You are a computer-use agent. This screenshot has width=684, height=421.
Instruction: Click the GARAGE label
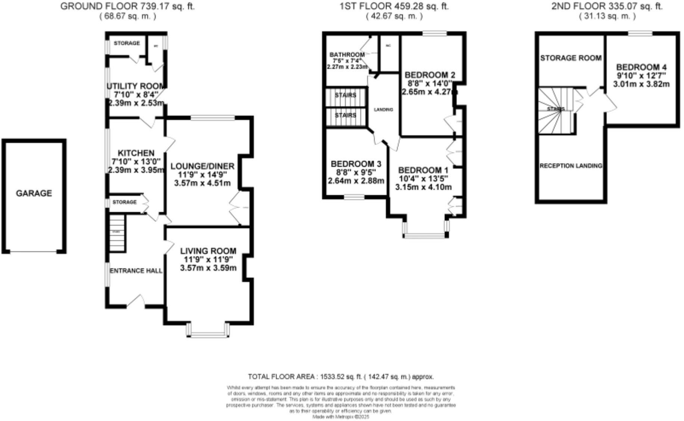pos(34,193)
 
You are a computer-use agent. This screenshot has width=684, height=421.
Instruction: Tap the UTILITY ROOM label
pos(136,86)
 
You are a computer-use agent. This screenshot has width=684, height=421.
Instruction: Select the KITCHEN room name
pos(136,153)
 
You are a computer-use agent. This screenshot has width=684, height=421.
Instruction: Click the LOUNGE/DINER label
pos(202,166)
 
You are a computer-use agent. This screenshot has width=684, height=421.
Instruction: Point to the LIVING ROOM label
pos(208,251)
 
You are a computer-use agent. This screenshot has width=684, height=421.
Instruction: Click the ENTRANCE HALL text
pos(136,271)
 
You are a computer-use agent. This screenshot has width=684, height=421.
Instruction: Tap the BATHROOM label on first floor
pos(347,55)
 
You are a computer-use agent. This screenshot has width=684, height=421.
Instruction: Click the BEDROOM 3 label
pos(356,164)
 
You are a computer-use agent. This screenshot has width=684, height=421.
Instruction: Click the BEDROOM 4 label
pos(641,67)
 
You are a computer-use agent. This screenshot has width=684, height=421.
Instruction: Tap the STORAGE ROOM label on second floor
pos(570,58)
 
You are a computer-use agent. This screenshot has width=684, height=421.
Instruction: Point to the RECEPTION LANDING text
pos(570,166)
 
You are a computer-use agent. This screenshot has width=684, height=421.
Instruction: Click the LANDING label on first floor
pos(383,110)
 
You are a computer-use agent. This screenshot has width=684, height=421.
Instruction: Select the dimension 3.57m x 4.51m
pos(202,183)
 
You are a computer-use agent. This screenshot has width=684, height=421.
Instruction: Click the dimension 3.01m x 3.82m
pos(641,84)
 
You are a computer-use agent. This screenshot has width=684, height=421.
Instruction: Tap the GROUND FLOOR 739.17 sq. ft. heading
pos(127,6)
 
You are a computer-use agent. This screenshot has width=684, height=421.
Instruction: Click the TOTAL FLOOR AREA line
pos(341,377)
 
